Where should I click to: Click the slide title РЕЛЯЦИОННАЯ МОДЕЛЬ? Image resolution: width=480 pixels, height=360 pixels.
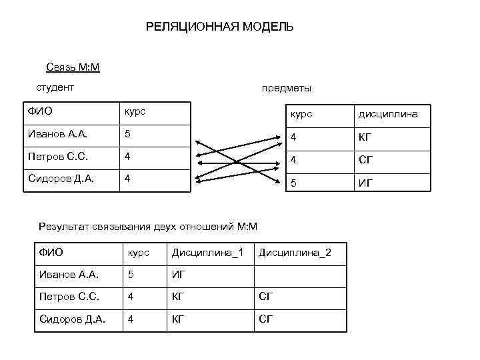coord(219,27)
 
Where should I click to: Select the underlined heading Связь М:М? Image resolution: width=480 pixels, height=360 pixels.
coord(73,67)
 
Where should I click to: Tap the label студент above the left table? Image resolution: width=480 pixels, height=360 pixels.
coord(55,87)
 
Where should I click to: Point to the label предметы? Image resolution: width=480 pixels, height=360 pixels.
coord(286,89)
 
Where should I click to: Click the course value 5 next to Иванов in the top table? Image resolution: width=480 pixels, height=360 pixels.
coord(128,135)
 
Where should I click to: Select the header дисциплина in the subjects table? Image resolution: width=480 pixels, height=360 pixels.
coord(388,114)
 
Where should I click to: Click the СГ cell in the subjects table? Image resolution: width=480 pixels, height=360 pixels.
coord(366,161)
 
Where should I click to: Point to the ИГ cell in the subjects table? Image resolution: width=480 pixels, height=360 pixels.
coord(366,183)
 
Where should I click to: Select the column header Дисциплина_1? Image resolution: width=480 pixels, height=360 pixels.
coord(207,253)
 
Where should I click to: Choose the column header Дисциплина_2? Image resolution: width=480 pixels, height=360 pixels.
coord(294,253)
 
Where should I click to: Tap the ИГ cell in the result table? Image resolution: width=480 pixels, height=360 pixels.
coord(178,274)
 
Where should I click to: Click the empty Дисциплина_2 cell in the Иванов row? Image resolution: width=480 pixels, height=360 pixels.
coord(299,274)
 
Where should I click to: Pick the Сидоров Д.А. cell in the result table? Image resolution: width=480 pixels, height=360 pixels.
coord(73,319)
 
